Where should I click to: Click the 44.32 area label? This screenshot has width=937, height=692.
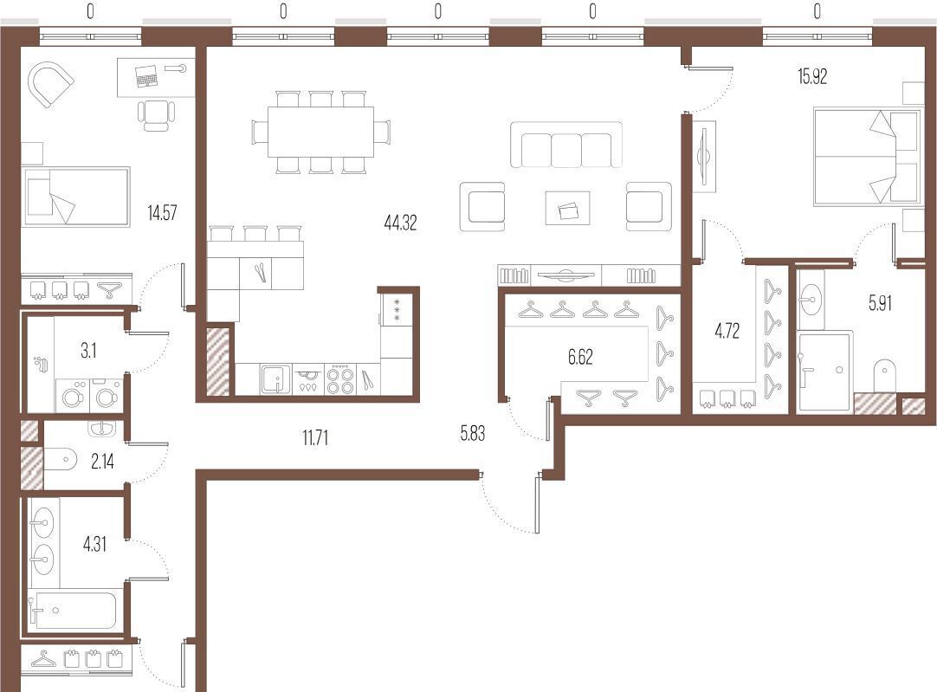400,223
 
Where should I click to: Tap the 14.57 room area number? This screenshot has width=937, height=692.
162,213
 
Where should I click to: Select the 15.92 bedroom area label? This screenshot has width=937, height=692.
812,76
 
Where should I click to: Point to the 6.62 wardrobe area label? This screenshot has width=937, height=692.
580,357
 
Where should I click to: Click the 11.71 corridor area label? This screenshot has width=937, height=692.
315,438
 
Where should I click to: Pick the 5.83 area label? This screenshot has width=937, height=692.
473,433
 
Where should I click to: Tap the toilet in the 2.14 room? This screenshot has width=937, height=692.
61,459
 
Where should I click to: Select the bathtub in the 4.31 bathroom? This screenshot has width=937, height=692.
74,610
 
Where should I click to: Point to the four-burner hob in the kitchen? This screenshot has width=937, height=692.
340,379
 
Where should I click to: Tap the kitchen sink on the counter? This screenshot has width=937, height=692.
275,379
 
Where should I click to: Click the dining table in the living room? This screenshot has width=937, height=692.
320,132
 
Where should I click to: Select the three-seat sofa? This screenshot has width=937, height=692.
565,145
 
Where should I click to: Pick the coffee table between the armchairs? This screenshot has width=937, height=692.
568,208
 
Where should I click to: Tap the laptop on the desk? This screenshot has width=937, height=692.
145,76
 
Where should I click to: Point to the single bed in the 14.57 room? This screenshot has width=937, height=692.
76,197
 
